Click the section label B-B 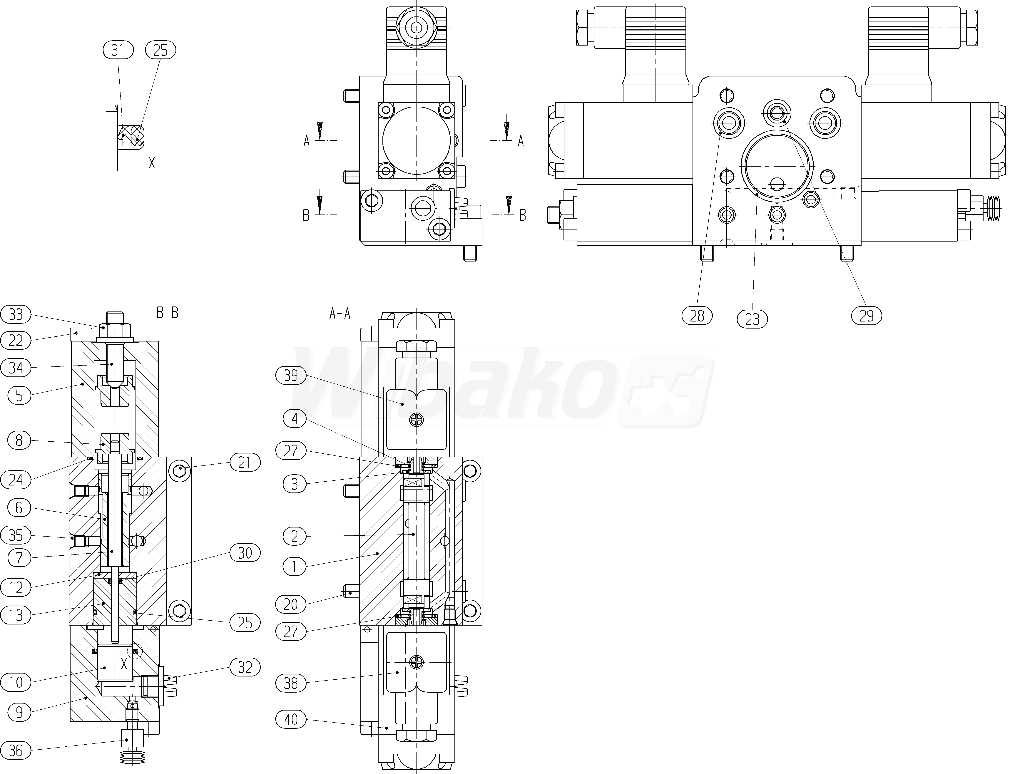click(x=167, y=313)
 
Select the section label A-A click(x=340, y=314)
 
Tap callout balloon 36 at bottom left click(x=16, y=750)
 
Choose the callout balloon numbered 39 click(x=291, y=376)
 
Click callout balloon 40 click(x=291, y=719)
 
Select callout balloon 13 click(x=16, y=615)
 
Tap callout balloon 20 click(x=291, y=604)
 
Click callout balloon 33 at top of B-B click(x=16, y=315)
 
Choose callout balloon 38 click(x=291, y=683)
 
